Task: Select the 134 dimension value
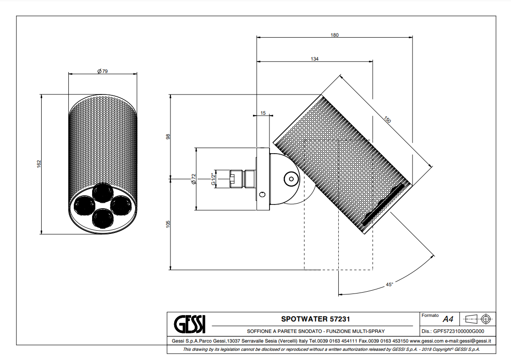[314, 59]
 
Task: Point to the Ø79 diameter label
[102, 71]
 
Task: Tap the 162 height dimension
[39, 163]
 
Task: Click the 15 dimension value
[263, 112]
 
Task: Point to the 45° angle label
[389, 285]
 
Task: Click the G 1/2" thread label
[213, 179]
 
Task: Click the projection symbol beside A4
[477, 319]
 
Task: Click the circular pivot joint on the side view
[290, 178]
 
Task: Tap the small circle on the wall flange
[262, 194]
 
